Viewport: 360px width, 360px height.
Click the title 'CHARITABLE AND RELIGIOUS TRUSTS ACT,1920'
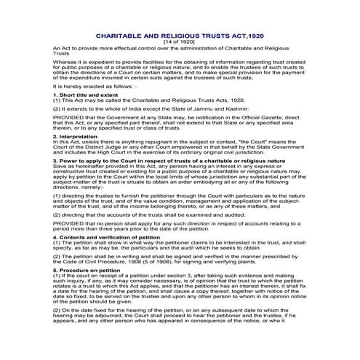pyautogui.click(x=180, y=35)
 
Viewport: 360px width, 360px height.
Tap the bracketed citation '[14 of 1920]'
pyautogui.click(x=180, y=41)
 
